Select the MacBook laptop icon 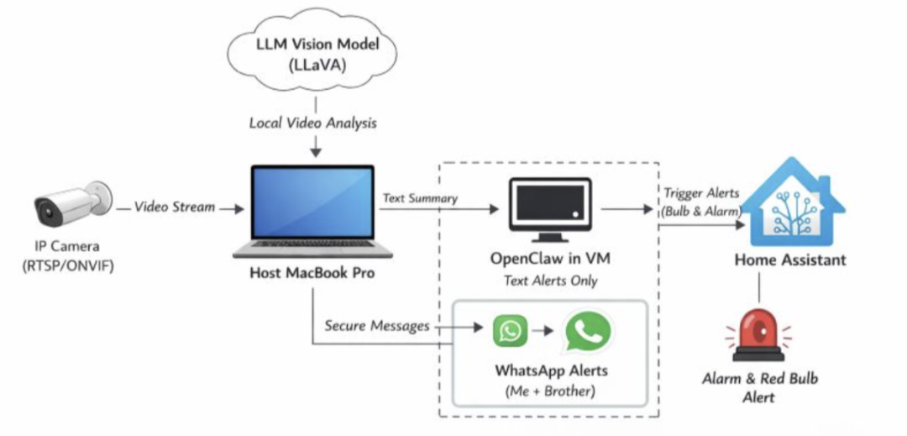(x=313, y=211)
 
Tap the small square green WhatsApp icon (x=510, y=330)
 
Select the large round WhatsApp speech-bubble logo (x=588, y=330)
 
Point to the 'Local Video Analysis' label (x=312, y=123)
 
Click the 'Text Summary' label (x=420, y=199)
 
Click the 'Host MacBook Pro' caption (x=313, y=274)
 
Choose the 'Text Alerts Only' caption (x=549, y=280)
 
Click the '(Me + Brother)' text (x=550, y=391)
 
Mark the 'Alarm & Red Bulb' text (x=759, y=379)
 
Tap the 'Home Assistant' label (x=790, y=260)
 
